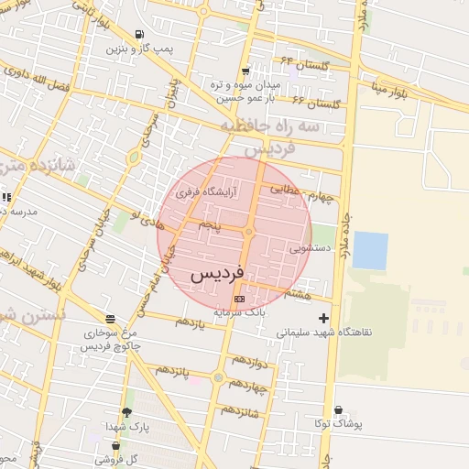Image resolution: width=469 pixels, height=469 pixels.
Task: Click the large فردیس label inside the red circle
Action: (x=217, y=275)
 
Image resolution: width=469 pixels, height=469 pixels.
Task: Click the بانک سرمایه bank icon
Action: (x=240, y=299)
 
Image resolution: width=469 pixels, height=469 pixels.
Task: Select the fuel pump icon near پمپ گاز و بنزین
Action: (x=138, y=35)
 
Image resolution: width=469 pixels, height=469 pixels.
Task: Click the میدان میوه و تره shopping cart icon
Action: (x=245, y=71)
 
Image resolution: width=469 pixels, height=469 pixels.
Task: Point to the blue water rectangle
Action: (x=370, y=250)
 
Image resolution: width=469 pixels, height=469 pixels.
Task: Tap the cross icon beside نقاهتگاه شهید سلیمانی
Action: (x=322, y=319)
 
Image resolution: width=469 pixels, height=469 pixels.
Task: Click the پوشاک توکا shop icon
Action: (x=338, y=410)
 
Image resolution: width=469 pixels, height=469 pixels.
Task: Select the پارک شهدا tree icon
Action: (x=126, y=413)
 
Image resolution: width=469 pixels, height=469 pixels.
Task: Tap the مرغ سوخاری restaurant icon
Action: (x=110, y=319)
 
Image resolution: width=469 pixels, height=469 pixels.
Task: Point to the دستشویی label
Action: (x=310, y=247)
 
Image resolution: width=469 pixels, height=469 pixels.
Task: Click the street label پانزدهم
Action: (x=175, y=371)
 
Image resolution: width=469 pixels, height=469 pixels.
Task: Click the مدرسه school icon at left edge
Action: (x=5, y=197)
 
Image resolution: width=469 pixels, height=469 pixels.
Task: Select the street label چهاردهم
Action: (x=248, y=386)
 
